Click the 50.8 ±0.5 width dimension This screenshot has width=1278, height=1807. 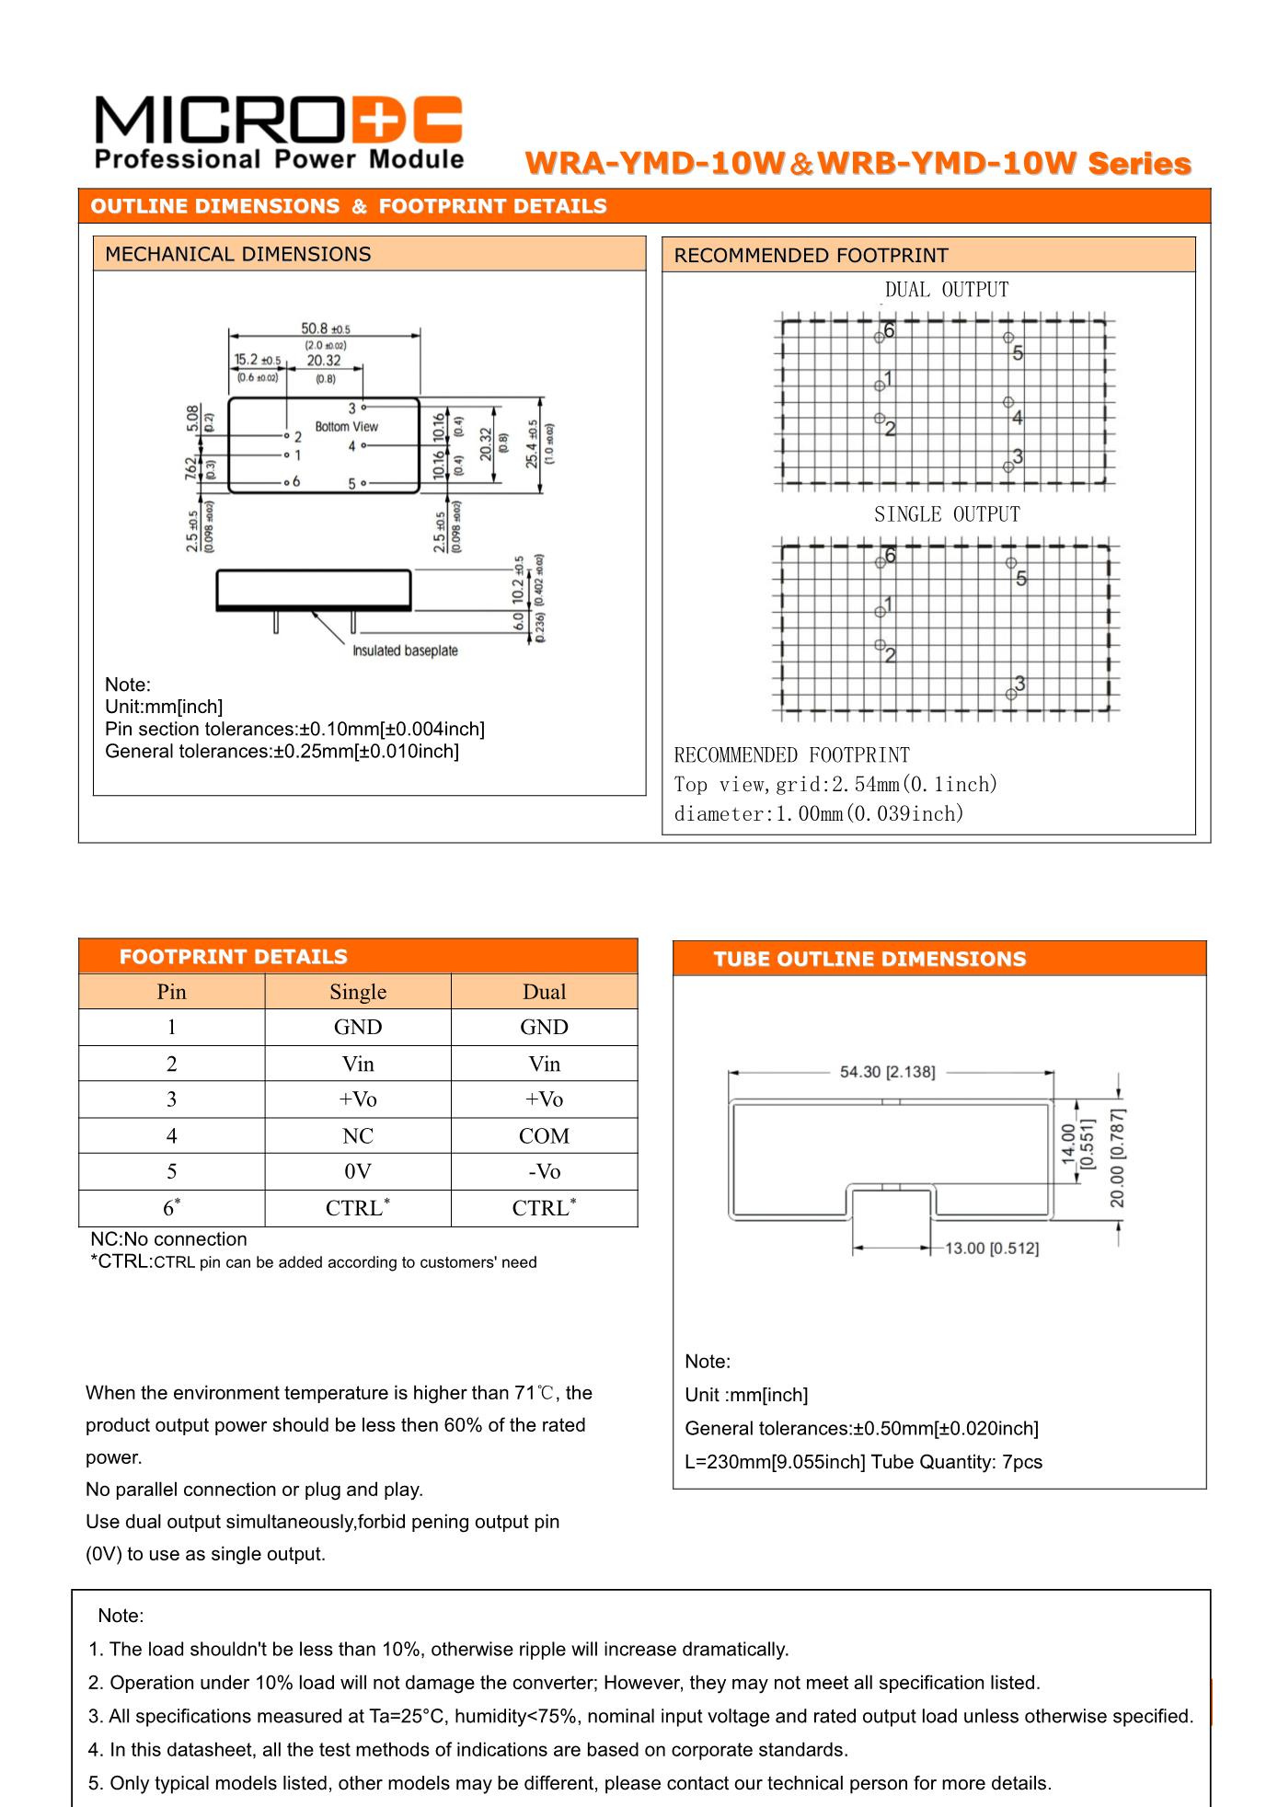325,328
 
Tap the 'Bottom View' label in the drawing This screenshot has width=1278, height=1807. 346,427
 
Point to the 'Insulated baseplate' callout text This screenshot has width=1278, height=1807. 405,650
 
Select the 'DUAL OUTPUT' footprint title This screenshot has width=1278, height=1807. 947,290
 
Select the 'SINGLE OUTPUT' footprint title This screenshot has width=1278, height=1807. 947,514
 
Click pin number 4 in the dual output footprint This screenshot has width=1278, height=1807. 1017,418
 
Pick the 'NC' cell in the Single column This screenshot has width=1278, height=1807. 358,1136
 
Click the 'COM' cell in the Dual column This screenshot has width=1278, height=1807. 544,1136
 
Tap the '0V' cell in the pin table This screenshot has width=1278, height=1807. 358,1172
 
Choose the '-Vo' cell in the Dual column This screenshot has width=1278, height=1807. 544,1172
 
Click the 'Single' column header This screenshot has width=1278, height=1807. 358,992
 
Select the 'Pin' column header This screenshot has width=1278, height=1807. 171,992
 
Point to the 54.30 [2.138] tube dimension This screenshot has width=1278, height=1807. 887,1072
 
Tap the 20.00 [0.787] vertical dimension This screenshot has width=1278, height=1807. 1117,1158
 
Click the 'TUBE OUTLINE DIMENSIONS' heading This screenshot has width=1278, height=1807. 869,959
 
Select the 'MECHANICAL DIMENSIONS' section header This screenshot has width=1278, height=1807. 237,254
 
